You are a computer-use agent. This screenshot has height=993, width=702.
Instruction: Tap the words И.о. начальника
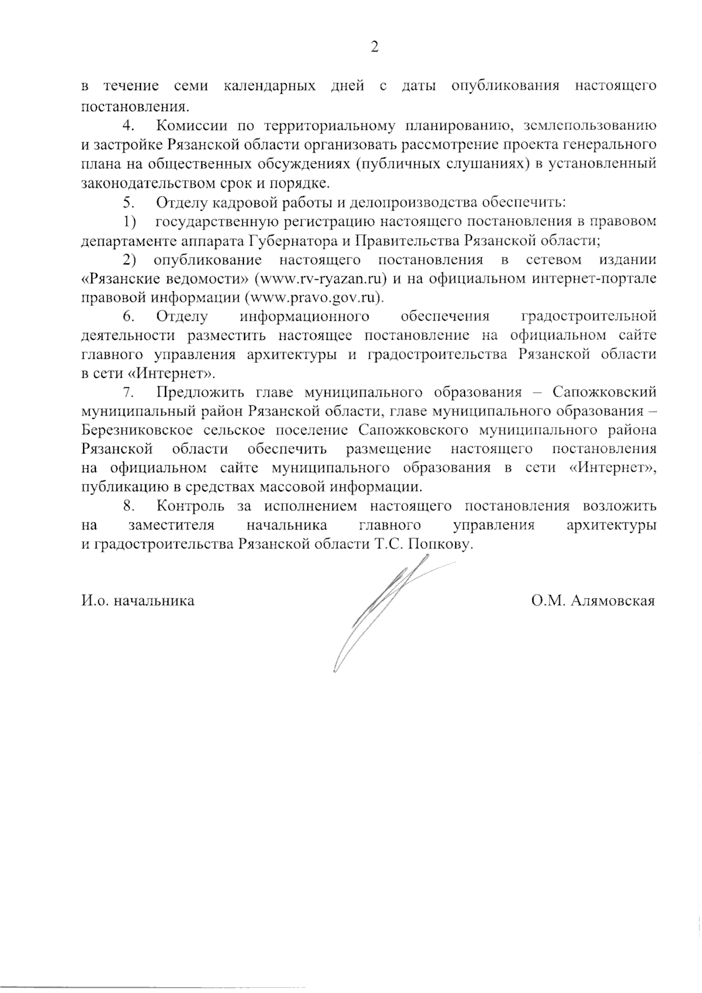click(138, 601)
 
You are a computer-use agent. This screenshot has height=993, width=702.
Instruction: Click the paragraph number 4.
click(129, 126)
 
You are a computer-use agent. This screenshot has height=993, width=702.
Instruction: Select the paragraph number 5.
click(129, 202)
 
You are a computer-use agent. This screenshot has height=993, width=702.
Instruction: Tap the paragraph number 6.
click(129, 317)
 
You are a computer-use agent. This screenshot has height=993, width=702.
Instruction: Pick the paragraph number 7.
click(129, 393)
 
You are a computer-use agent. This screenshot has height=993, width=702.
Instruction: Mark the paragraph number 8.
click(129, 506)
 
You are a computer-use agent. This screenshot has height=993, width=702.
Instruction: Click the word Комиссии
click(192, 126)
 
